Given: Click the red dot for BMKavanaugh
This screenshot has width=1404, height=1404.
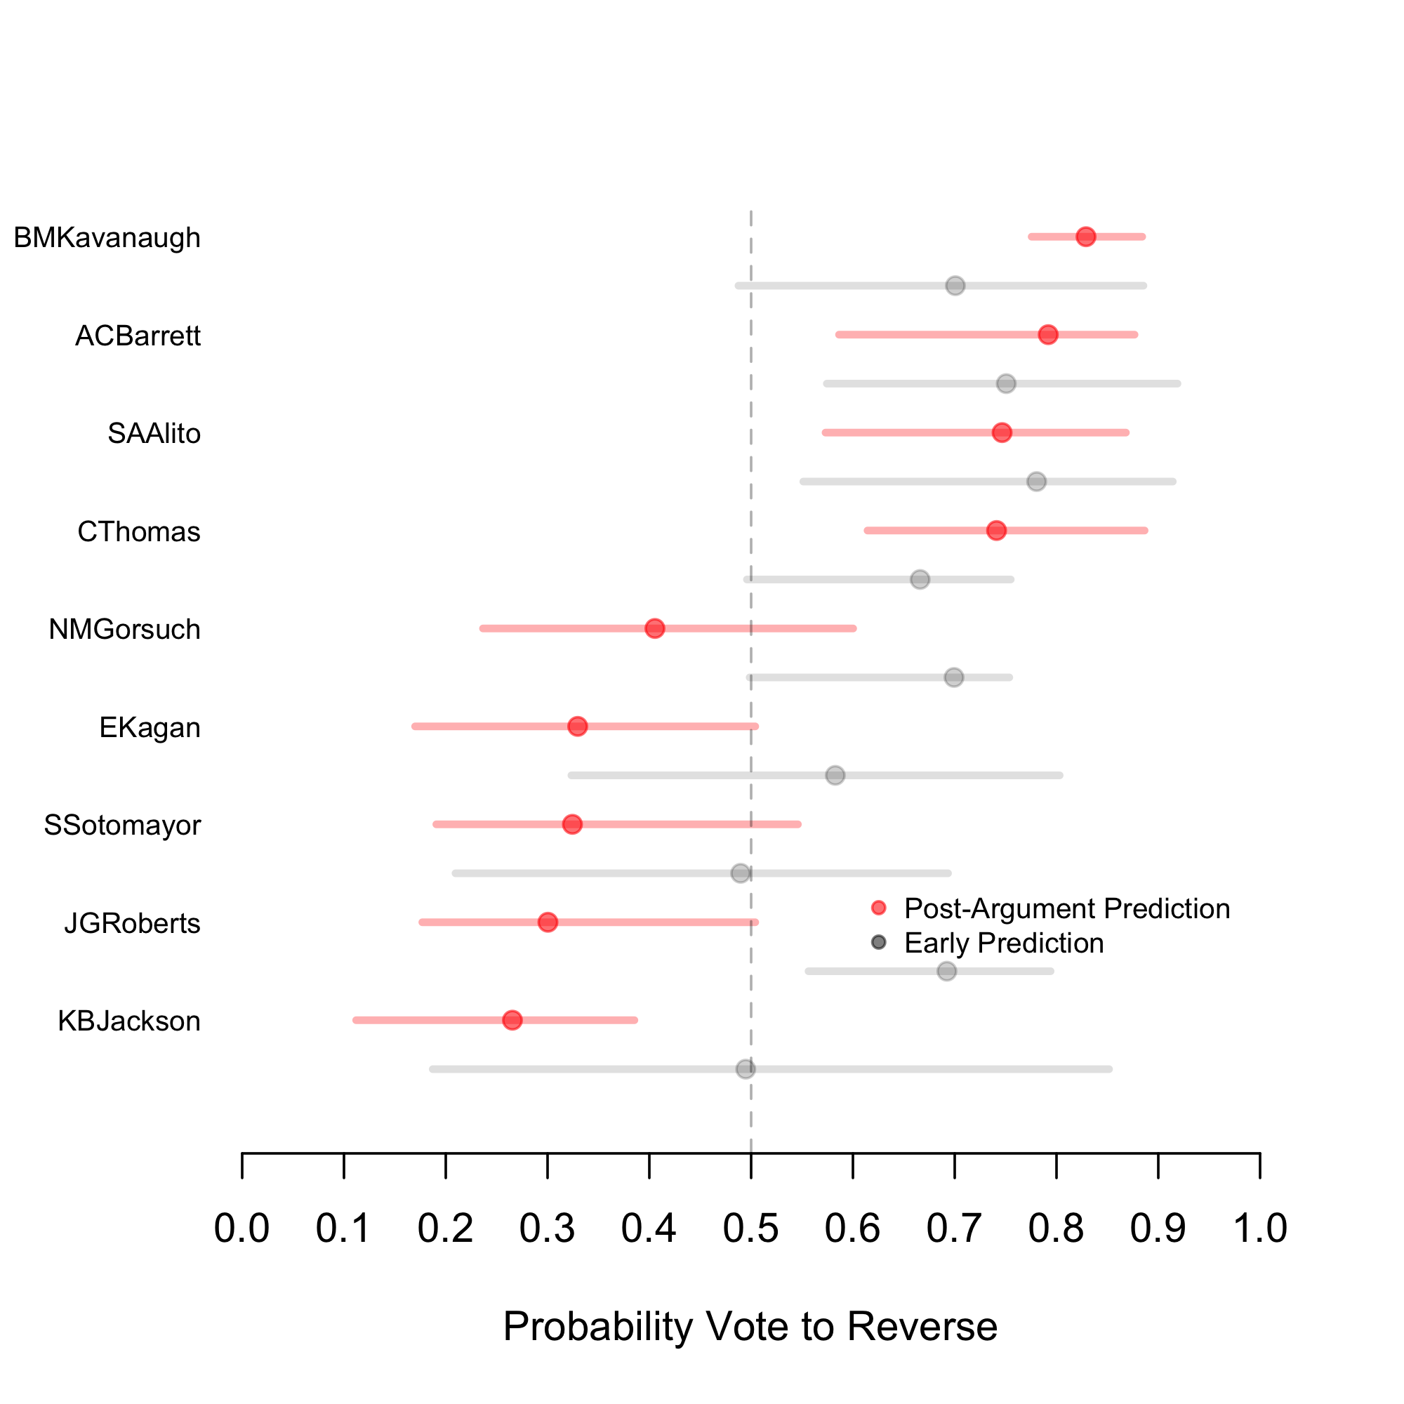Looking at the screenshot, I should click(x=1086, y=237).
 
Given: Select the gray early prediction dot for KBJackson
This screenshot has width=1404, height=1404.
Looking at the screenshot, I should click(x=746, y=1069).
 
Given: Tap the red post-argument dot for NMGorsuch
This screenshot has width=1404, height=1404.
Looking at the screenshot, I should click(x=655, y=628).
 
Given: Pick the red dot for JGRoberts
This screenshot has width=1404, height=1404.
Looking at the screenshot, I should click(x=548, y=922).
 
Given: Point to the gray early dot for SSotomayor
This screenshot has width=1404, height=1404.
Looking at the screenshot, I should click(x=741, y=873).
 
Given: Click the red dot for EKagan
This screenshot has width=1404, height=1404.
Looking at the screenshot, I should click(x=578, y=726).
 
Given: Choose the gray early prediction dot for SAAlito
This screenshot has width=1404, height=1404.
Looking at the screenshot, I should click(x=1037, y=481).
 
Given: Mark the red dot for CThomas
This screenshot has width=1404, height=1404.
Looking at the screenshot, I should click(x=996, y=531).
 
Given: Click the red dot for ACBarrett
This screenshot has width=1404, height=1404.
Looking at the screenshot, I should click(x=1048, y=334).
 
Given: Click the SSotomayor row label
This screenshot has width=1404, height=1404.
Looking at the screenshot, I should click(x=122, y=826).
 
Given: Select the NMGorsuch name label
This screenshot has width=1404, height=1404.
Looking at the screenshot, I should click(x=124, y=629).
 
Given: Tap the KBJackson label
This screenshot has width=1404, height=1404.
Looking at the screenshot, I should click(x=128, y=1021).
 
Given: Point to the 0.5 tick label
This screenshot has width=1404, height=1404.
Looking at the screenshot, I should click(x=750, y=1228).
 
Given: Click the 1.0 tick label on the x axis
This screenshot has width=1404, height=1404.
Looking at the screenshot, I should click(x=1260, y=1228).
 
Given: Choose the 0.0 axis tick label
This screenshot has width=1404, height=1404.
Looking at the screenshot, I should click(x=241, y=1228).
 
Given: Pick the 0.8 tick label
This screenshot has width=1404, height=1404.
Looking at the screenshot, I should click(x=1056, y=1228).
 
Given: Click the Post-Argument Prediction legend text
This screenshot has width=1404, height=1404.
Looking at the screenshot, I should click(x=1067, y=908).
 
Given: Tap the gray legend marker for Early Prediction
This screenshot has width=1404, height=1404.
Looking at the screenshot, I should click(x=879, y=943).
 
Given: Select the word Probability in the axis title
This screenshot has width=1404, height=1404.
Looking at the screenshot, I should click(x=598, y=1327).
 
